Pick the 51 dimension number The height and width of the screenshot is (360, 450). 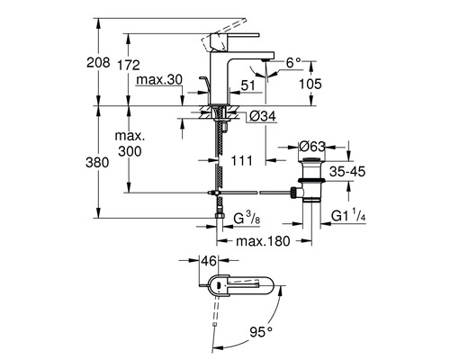(x=247, y=86)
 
